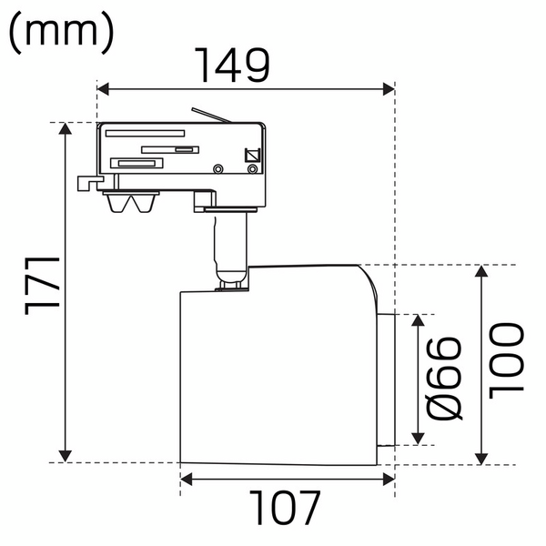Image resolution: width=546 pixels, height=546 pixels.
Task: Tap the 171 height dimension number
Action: (41, 287)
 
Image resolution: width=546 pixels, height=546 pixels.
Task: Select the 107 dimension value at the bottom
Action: (287, 509)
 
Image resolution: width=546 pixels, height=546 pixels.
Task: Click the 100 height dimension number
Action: (506, 359)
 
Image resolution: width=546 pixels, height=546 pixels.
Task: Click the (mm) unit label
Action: (61, 32)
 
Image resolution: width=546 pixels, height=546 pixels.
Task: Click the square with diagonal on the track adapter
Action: (252, 156)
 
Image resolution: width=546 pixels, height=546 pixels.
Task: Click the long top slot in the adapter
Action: (146, 133)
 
